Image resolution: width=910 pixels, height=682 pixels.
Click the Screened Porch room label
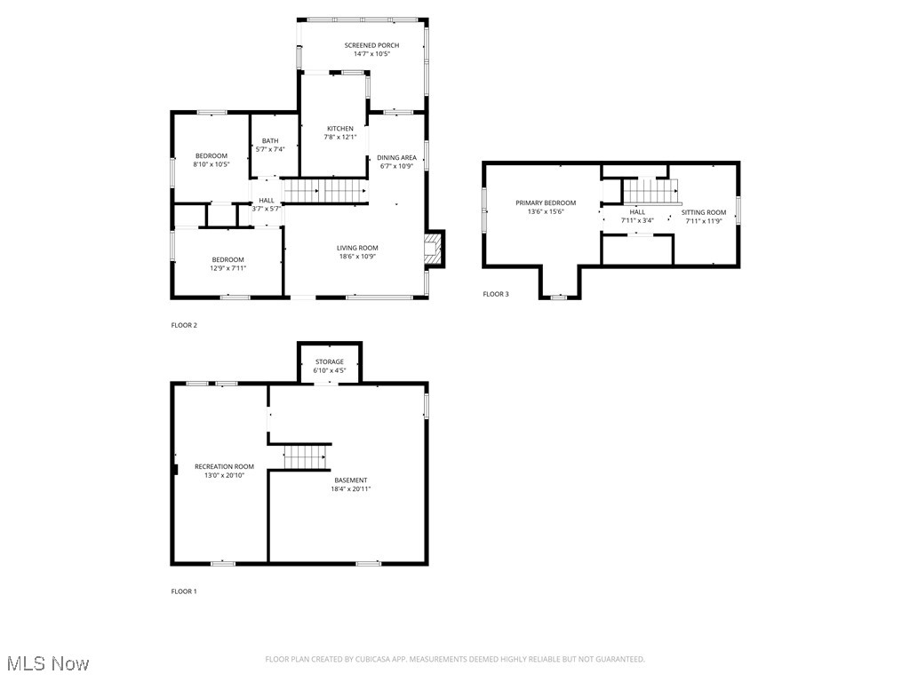(x=371, y=45)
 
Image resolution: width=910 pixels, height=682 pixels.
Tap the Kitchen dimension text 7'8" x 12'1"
(x=339, y=137)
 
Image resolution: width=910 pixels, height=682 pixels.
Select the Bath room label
(x=269, y=140)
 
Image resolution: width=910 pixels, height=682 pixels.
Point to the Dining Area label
(x=396, y=157)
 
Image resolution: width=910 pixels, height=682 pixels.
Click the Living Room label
(x=357, y=248)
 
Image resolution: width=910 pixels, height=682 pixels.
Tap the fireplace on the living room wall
(x=433, y=249)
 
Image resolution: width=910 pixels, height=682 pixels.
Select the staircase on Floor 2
(x=325, y=191)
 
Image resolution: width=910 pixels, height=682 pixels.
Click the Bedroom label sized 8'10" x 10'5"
(x=212, y=156)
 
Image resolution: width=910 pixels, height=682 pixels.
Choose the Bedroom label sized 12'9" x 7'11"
(x=227, y=259)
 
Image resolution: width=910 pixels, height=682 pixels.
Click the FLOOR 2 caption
(x=184, y=325)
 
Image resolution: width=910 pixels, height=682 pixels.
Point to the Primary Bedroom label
(x=546, y=202)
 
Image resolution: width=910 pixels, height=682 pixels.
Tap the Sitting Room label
(x=704, y=212)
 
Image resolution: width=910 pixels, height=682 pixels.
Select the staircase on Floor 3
(x=651, y=191)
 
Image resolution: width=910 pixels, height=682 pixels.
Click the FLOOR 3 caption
(x=496, y=294)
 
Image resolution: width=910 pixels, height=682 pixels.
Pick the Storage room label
(x=329, y=361)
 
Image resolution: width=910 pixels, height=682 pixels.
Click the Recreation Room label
(x=224, y=466)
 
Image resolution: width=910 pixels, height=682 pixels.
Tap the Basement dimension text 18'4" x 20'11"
(x=351, y=488)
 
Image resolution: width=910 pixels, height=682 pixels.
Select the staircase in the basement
(x=306, y=457)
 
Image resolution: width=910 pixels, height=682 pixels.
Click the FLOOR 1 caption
(x=184, y=591)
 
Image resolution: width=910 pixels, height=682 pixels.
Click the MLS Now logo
(x=48, y=663)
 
